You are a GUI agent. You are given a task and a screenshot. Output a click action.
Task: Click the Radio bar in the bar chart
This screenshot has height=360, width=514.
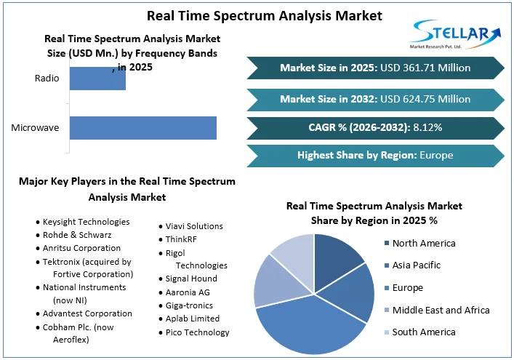tap(97, 79)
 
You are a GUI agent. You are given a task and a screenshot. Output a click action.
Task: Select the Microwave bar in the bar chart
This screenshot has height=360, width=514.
tap(143, 128)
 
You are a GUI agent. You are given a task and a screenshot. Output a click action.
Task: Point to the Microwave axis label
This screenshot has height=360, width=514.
tap(35, 129)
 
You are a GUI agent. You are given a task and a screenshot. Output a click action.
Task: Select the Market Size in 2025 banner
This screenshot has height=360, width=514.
tap(375, 68)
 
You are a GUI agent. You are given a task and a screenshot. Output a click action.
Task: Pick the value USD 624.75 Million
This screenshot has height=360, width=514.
tap(428, 99)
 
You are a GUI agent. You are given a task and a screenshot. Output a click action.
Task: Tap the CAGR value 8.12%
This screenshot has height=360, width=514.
tap(427, 127)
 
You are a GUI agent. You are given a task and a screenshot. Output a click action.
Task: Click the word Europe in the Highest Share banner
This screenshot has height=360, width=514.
tap(436, 155)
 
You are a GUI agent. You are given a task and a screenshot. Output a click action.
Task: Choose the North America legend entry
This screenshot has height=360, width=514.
tap(424, 243)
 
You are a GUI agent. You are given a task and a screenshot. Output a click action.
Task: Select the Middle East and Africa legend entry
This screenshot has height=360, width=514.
tap(441, 310)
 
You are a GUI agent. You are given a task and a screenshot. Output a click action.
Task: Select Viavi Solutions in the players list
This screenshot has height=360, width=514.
tap(194, 226)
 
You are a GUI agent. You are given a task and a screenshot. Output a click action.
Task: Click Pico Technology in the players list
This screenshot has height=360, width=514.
tap(197, 332)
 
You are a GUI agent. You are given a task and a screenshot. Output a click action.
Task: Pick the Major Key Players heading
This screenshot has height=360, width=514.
tap(127, 189)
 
